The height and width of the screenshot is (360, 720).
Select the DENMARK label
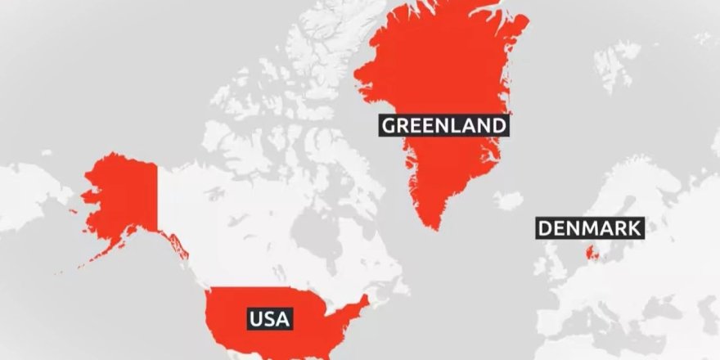(589, 228)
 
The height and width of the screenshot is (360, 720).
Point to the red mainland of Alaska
(123, 196)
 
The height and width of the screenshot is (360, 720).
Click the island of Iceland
(508, 200)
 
